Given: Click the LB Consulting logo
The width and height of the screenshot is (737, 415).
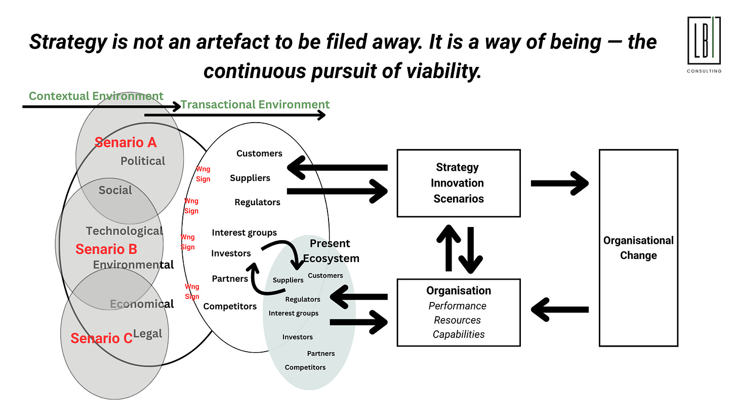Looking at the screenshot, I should [704, 43].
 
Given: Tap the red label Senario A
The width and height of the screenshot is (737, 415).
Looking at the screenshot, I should [126, 142].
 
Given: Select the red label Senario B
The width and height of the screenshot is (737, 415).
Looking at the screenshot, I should [106, 249].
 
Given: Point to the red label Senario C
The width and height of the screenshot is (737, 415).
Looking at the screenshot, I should [101, 338].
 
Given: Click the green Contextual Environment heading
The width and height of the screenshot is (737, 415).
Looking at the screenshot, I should [96, 96].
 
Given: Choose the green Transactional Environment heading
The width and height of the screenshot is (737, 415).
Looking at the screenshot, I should [255, 104].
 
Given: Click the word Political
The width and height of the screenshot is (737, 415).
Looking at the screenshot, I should [143, 161].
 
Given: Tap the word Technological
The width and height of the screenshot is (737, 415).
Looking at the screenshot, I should [125, 231].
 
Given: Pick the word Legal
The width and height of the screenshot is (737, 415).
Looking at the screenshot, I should [148, 333].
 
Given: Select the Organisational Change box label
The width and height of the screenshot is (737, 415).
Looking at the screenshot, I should [638, 248].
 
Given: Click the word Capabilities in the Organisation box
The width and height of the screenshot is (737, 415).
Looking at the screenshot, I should [459, 334].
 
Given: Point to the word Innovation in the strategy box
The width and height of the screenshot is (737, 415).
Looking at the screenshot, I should [458, 183].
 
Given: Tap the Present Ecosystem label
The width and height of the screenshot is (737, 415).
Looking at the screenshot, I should [331, 251].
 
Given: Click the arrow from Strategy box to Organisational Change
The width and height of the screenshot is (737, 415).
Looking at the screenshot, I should [559, 183].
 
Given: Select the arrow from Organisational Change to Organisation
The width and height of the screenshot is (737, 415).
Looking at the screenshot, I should [559, 309].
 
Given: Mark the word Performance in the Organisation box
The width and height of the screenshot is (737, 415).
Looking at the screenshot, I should [458, 306].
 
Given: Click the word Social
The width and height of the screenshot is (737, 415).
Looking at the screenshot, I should [115, 190].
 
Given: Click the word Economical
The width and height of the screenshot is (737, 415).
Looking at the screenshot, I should [142, 304].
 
